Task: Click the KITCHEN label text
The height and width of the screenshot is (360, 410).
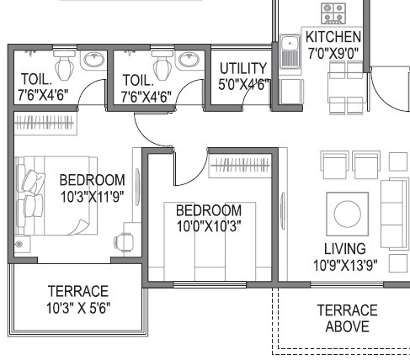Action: click(333, 37)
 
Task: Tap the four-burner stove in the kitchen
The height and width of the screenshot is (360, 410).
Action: click(333, 13)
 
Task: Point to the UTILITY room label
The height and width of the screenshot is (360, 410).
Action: click(243, 68)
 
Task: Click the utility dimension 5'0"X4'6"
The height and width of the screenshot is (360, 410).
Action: click(243, 84)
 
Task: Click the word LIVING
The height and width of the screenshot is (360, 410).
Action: click(345, 249)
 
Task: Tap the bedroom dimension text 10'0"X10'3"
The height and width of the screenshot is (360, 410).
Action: click(208, 225)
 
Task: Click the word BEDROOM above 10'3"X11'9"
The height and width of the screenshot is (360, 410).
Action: click(92, 179)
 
